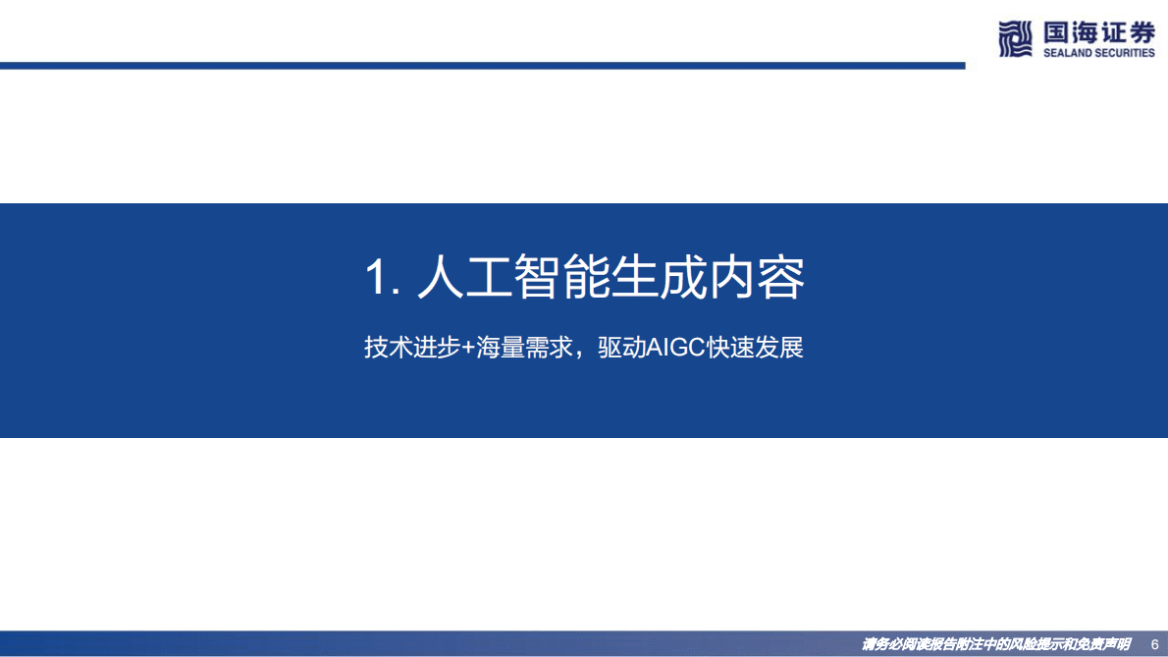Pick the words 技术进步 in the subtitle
(x=412, y=348)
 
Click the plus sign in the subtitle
(x=468, y=349)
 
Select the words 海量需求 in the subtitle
(x=524, y=348)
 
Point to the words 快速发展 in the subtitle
(x=759, y=348)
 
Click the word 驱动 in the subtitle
(x=621, y=348)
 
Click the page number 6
(x=1154, y=644)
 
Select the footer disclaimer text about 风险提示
(x=995, y=644)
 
